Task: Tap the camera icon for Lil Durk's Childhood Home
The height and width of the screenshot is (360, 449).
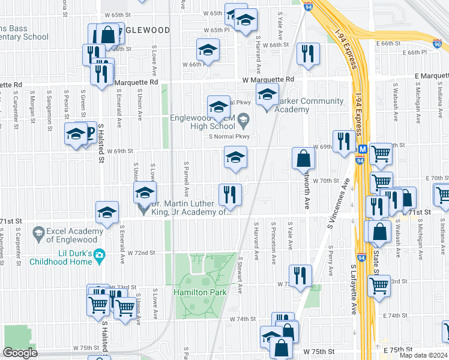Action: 99,255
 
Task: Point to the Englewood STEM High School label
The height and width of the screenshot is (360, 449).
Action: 202,122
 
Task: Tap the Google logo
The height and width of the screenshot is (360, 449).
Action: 20,353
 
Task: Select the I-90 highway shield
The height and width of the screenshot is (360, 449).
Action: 436,43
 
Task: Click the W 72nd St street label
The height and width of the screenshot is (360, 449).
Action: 141,253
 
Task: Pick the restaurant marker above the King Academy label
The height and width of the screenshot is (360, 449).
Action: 230,194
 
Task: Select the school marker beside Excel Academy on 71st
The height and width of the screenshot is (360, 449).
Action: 107,212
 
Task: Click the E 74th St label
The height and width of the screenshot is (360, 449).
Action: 396,315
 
